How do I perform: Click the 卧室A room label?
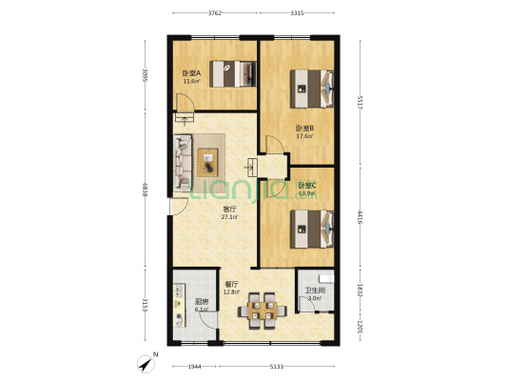[191, 73]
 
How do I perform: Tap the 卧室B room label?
[304, 129]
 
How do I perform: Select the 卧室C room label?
[305, 186]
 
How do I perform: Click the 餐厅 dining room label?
[231, 284]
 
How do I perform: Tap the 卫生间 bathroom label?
[315, 291]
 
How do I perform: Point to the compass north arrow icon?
[146, 362]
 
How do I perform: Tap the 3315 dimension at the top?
[297, 13]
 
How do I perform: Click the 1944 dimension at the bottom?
[194, 366]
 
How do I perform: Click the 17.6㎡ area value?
[304, 136]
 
